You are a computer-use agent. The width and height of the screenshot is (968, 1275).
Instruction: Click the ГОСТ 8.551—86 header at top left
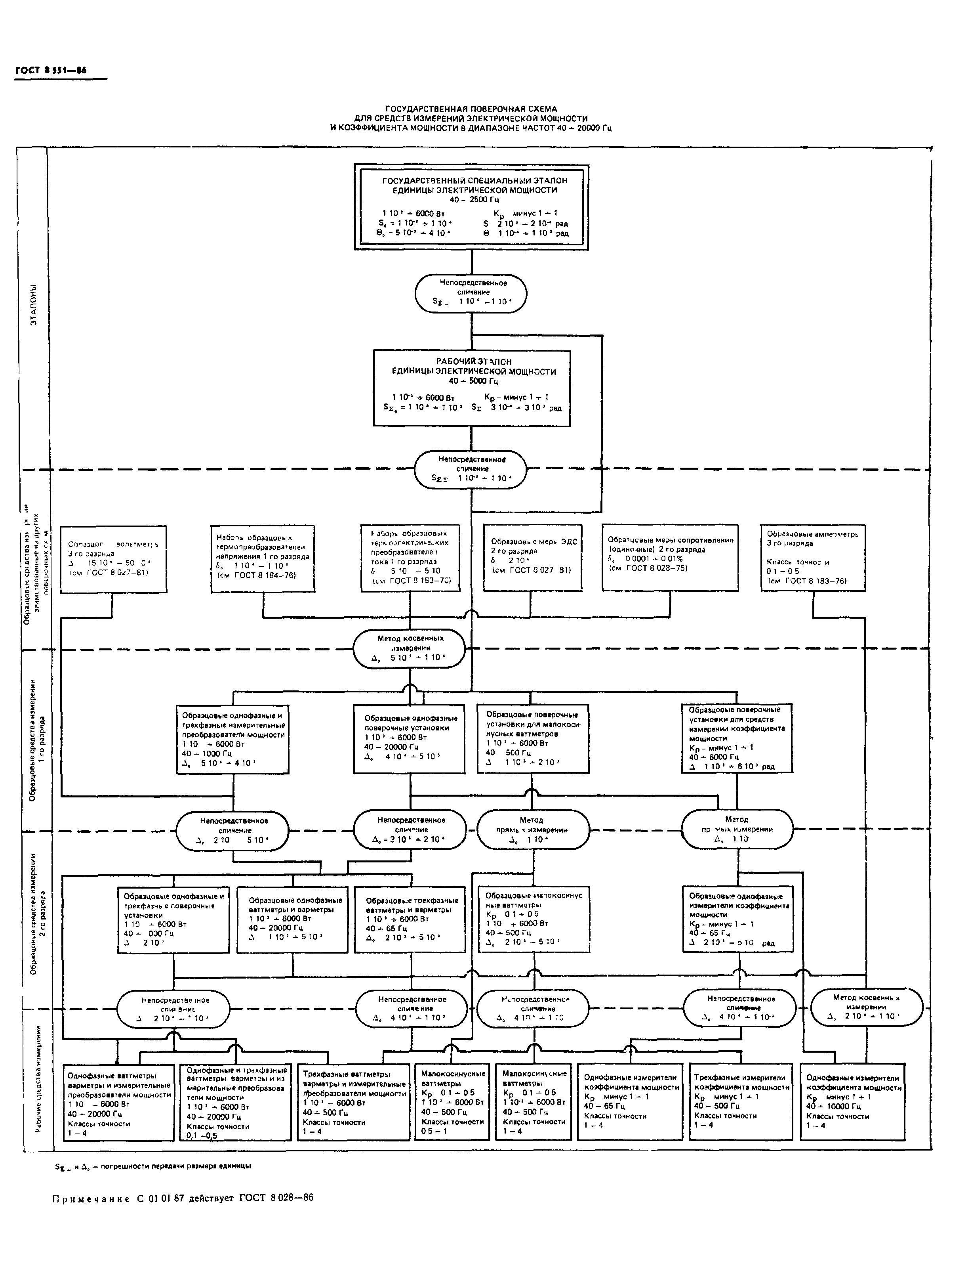51,70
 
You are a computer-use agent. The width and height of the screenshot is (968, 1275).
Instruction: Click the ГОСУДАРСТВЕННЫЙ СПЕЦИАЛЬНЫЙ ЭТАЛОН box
471,206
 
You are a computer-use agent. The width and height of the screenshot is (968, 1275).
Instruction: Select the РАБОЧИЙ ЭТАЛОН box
471,387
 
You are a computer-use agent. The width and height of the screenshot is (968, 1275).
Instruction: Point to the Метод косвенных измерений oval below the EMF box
410,648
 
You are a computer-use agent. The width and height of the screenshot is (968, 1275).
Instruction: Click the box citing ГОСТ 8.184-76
263,558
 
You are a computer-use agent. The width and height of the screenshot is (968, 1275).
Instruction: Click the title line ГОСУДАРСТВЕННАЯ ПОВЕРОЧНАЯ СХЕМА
471,108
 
